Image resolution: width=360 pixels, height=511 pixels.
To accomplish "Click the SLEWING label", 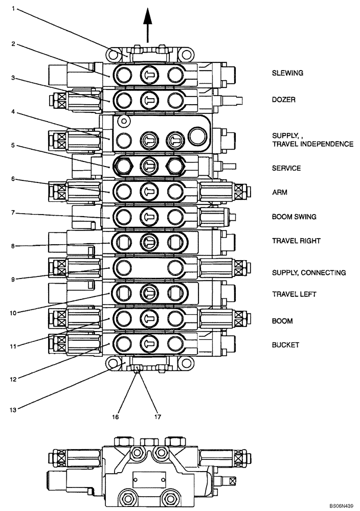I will click(287, 73).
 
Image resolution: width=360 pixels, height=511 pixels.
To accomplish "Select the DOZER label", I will click(283, 100).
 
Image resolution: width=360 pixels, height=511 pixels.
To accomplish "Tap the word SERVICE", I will click(286, 168).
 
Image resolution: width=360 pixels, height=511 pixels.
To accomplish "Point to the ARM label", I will click(279, 192).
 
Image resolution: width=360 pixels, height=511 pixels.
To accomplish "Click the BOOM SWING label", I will click(294, 217).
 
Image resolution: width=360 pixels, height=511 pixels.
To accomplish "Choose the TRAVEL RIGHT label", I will click(296, 241).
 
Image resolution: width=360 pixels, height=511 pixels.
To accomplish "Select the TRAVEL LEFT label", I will click(294, 294).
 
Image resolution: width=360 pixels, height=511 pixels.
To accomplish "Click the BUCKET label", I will click(284, 345).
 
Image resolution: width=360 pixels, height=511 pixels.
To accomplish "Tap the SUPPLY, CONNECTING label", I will click(308, 272).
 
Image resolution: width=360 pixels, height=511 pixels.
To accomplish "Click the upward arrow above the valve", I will click(148, 23).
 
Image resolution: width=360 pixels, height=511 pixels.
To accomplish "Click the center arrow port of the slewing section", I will click(149, 75).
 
